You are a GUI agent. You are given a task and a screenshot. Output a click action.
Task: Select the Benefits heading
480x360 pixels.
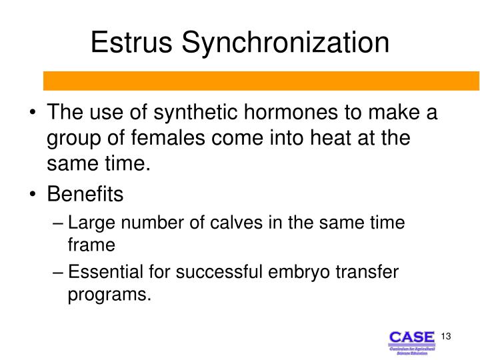[85, 195]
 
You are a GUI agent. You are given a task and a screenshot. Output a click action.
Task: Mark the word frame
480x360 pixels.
[92, 244]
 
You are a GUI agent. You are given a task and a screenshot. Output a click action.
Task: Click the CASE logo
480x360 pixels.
[411, 341]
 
